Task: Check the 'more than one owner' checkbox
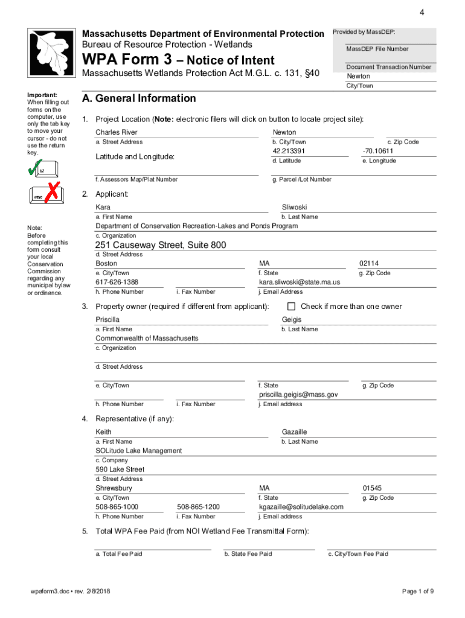292,306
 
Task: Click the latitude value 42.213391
289,151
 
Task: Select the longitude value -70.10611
377,151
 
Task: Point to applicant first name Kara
103,207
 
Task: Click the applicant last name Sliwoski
295,207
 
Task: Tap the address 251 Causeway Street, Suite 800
161,245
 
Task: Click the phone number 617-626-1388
117,282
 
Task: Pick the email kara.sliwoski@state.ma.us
300,282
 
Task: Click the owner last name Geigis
292,319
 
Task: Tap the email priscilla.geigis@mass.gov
298,395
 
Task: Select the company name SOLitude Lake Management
138,451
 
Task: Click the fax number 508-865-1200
198,507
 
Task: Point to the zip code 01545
372,488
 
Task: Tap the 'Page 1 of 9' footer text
418,591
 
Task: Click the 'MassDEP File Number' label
377,49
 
